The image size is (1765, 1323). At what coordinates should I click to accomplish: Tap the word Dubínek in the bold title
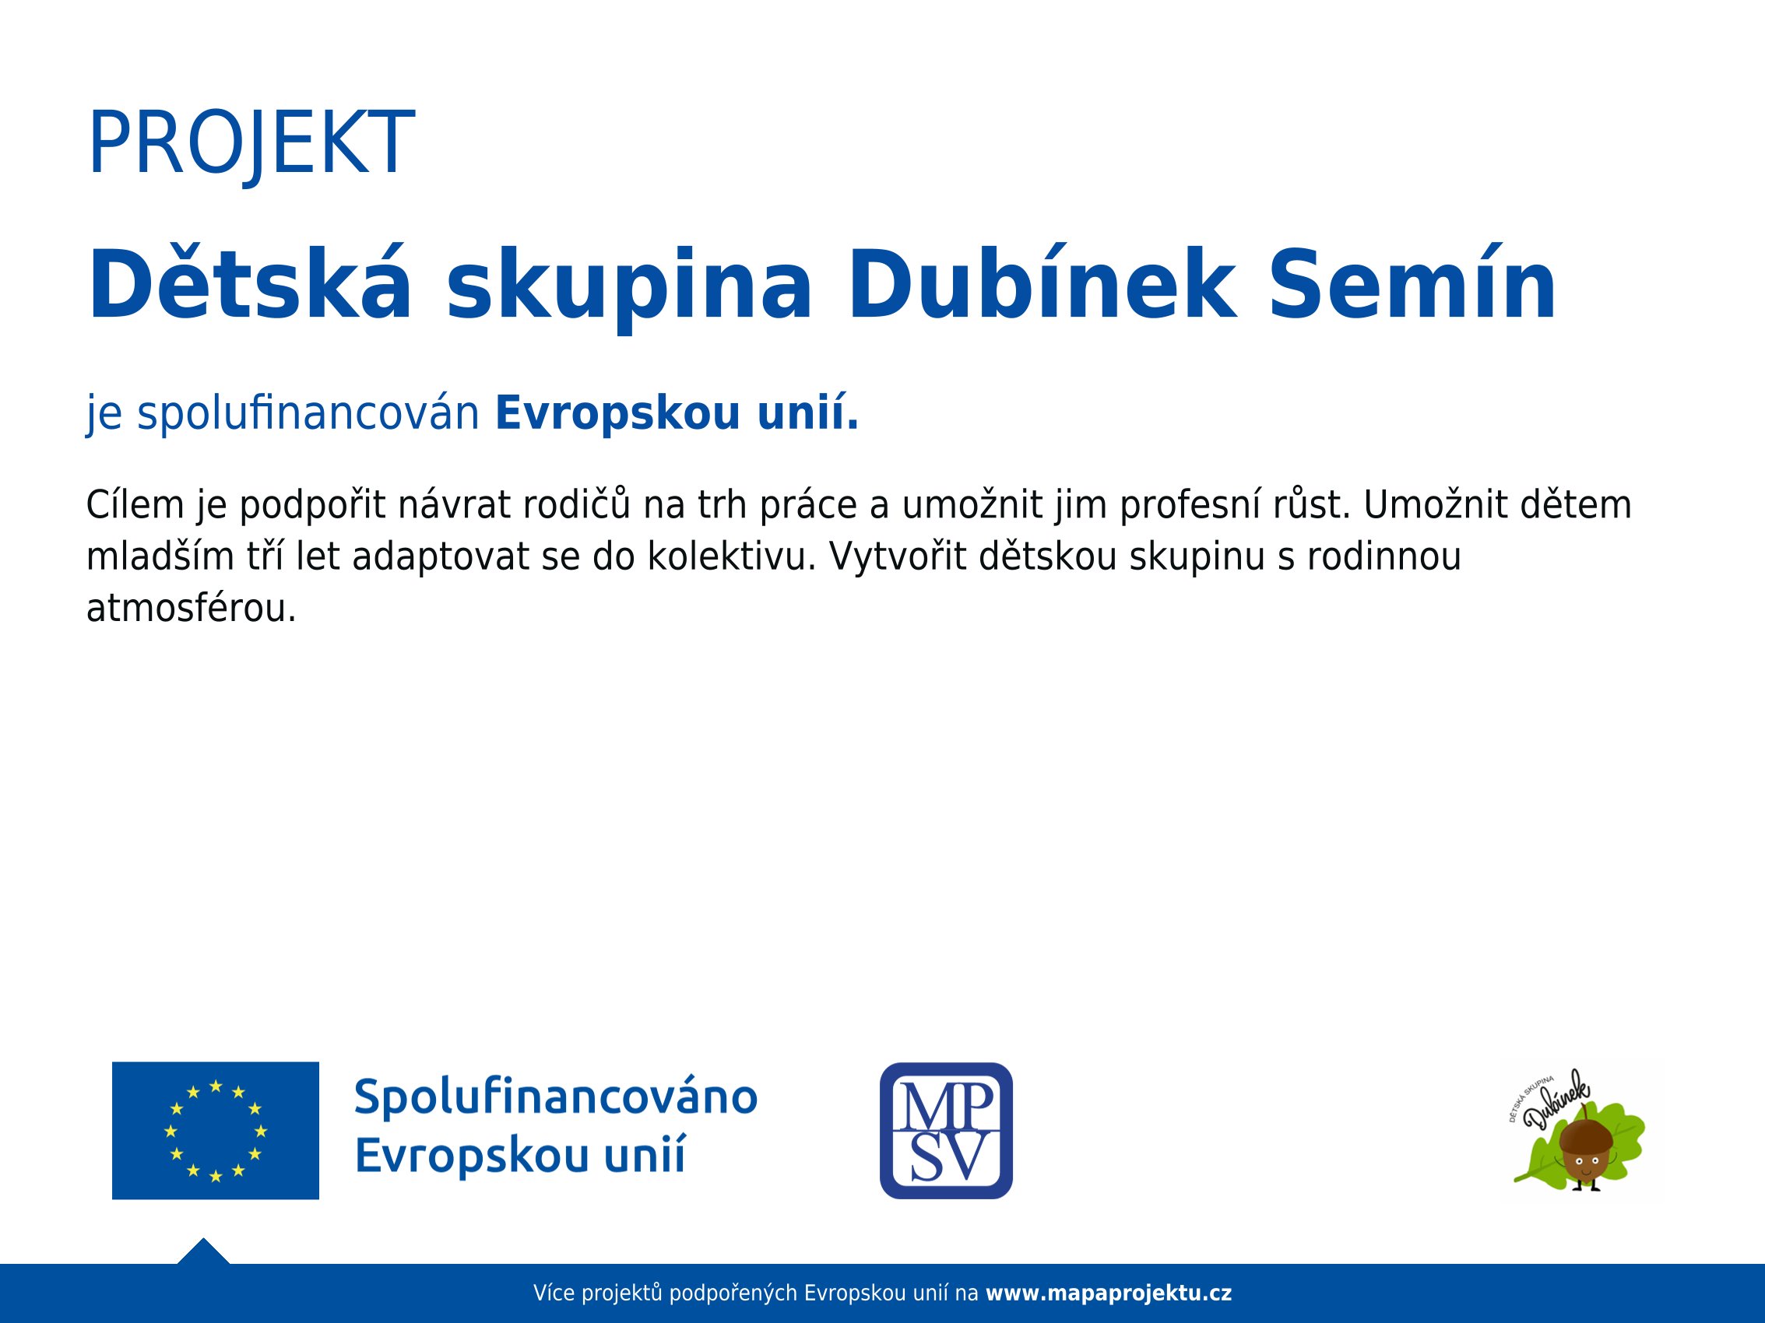(x=1042, y=284)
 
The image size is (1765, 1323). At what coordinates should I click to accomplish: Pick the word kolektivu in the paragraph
(x=732, y=556)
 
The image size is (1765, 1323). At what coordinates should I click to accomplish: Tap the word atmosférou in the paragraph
(x=192, y=608)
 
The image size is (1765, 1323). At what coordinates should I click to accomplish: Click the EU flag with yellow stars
(x=216, y=1130)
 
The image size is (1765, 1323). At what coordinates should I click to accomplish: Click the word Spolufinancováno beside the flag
(x=555, y=1097)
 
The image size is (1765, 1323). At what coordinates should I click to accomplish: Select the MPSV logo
(x=945, y=1130)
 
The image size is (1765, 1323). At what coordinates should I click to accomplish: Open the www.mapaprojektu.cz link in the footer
(x=1109, y=1293)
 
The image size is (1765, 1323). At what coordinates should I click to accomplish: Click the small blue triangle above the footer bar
(x=203, y=1251)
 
